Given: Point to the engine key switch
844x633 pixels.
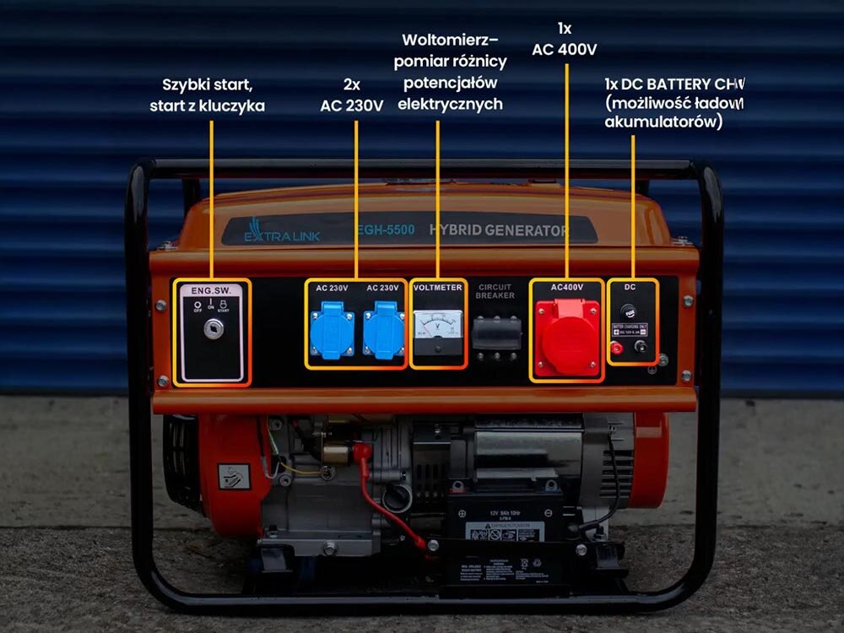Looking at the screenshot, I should pos(214,332).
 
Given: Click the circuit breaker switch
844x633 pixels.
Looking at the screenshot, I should pos(495,333).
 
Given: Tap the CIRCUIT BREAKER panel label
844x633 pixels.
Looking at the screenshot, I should pos(495,291).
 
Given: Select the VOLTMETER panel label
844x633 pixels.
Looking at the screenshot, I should pos(438,288).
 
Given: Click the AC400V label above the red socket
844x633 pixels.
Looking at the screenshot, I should pos(567,288).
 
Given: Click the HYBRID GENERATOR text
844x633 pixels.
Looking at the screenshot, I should pos(498,230).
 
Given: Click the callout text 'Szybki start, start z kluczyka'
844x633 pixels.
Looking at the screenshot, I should pos(208,95).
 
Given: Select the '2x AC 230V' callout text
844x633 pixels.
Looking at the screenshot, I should pos(352,95).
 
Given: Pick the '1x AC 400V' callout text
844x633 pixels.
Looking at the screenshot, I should pos(565,39).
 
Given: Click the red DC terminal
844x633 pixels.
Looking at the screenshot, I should pos(617,348).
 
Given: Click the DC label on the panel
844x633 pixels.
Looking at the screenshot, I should pos(630,288).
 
